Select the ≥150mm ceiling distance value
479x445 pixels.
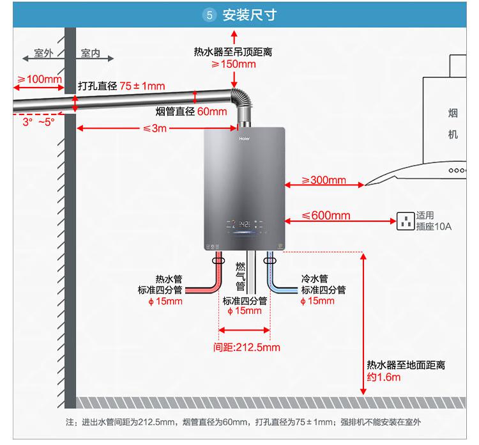coord(234,64)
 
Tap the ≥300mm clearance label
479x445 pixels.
coord(324,180)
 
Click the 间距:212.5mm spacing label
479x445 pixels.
coord(247,348)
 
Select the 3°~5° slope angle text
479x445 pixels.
coord(38,121)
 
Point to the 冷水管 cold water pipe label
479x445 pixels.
coord(314,279)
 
